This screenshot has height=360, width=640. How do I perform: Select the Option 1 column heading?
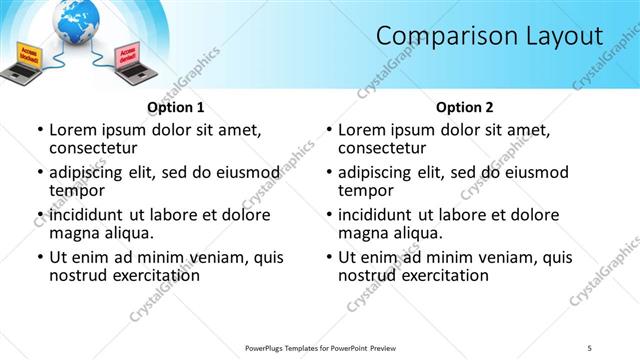pos(175,107)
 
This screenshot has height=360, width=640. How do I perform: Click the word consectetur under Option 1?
pos(92,147)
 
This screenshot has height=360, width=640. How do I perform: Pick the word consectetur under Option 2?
pos(381,147)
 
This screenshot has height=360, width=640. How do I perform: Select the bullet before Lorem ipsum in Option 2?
pos(328,130)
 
